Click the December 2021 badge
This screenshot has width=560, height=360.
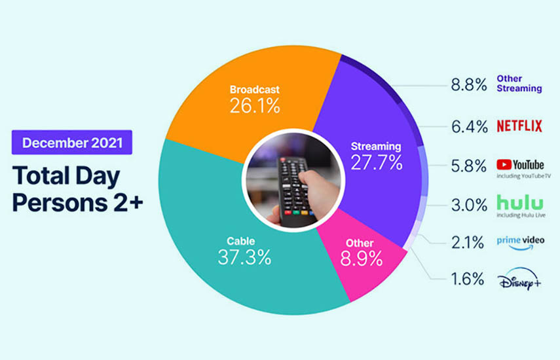[x=72, y=142]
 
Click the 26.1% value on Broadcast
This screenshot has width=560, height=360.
[x=255, y=105]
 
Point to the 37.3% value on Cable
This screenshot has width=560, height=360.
[x=245, y=257]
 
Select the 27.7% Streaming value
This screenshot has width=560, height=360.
[x=377, y=162]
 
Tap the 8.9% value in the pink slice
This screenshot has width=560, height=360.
[x=361, y=259]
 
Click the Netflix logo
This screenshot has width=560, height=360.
[x=519, y=126]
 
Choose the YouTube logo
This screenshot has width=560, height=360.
[x=520, y=165]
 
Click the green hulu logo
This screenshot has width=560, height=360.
[x=520, y=202]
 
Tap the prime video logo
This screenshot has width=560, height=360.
[x=521, y=243]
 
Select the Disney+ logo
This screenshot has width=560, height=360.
[x=519, y=279]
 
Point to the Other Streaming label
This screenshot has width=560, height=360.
[x=519, y=84]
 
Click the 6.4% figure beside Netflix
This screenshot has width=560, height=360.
[x=469, y=127]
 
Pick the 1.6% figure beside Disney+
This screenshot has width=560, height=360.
[x=468, y=279]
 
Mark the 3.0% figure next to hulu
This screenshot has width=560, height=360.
[x=469, y=205]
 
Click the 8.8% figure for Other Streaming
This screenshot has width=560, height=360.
[x=469, y=85]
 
